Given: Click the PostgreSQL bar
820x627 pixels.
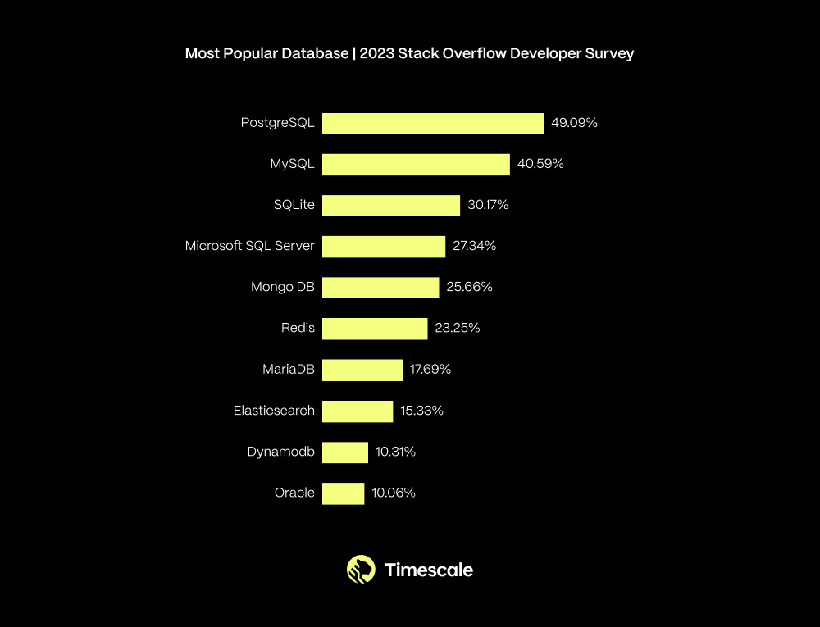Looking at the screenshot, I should tap(433, 124).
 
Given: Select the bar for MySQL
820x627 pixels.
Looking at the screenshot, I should tap(416, 165).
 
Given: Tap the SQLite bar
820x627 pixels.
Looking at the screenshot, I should tap(391, 206).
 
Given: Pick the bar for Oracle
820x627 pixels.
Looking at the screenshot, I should tap(343, 493).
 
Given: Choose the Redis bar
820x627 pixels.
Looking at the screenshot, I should tap(375, 329).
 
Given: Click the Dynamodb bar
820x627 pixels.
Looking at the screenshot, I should tap(345, 452).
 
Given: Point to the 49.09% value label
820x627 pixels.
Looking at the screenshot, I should tap(574, 123).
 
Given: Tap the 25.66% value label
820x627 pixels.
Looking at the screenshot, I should tap(470, 287).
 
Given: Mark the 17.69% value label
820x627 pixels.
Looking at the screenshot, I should tap(430, 370).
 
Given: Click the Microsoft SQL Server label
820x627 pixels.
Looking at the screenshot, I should tap(249, 246).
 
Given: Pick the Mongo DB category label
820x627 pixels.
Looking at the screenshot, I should tap(282, 287).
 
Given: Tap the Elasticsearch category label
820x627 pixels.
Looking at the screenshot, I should tap(274, 411).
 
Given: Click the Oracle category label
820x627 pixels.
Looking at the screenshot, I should tap(294, 493).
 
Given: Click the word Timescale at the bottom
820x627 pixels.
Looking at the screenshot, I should tap(429, 570).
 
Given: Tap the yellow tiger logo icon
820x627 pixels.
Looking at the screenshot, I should tap(361, 569).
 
